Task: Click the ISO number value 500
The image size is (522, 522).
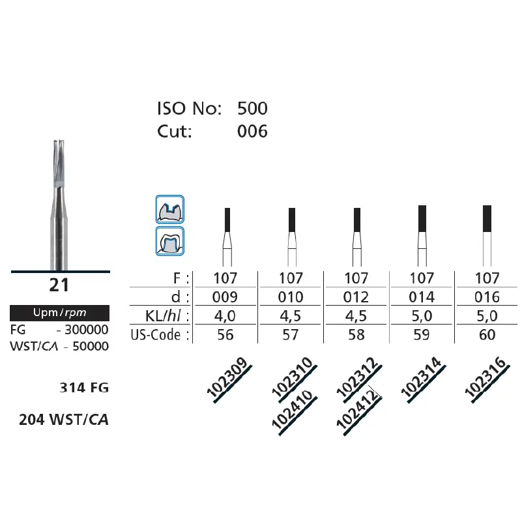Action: coord(252,109)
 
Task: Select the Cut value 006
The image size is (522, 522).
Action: coord(252,131)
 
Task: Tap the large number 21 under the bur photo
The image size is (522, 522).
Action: coord(59,285)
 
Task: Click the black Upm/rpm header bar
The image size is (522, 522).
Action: coord(59,313)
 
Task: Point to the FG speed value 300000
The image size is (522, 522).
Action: coord(87,330)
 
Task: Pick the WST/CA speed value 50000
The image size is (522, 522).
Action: coord(91,346)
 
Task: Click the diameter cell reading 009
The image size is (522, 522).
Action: coord(225,297)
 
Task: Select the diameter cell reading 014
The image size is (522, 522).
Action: coord(422,297)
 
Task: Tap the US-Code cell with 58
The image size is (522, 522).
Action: coord(356,334)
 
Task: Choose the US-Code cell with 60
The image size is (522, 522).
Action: coord(487,334)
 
